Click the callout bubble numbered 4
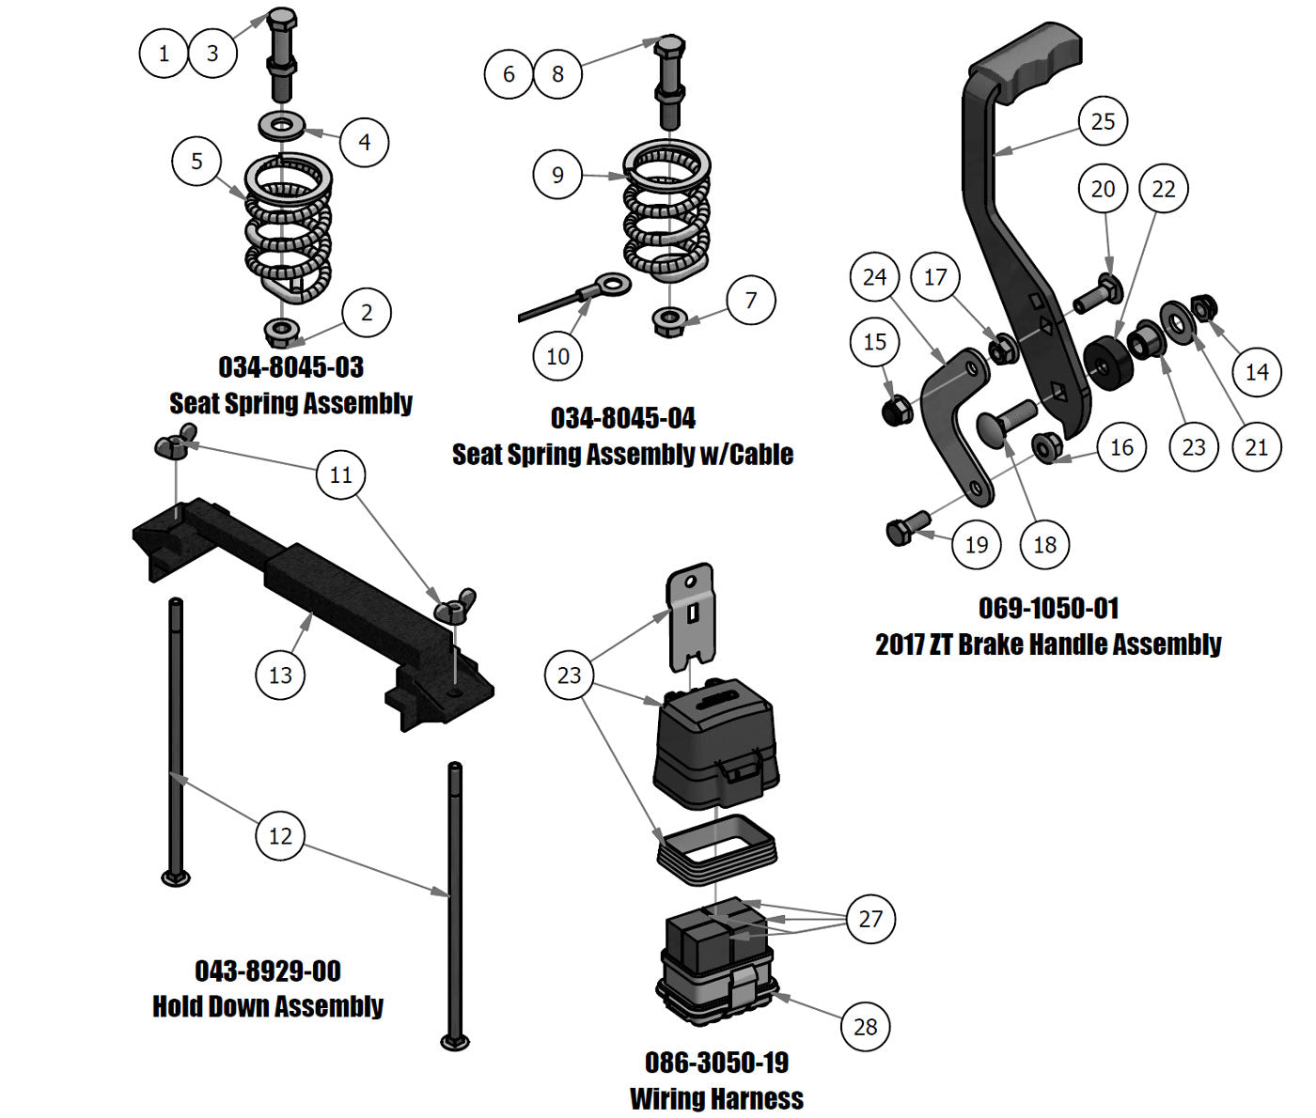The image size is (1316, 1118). [x=365, y=142]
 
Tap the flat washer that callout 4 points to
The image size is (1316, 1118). [x=280, y=123]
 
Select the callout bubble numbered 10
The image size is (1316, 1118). [x=557, y=356]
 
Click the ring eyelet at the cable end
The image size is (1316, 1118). [x=614, y=283]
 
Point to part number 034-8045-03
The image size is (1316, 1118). [x=290, y=367]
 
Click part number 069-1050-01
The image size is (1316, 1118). [x=1048, y=608]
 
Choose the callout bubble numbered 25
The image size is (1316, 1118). [x=1103, y=121]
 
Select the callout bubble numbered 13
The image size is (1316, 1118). [x=280, y=675]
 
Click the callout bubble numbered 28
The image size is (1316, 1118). [x=865, y=1027]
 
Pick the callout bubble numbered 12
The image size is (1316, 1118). [x=280, y=836]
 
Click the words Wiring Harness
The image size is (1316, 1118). [x=716, y=1098]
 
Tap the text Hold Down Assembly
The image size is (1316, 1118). [x=268, y=1006]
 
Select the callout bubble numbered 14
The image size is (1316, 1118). [x=1257, y=372]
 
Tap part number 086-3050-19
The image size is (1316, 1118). [x=716, y=1063]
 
